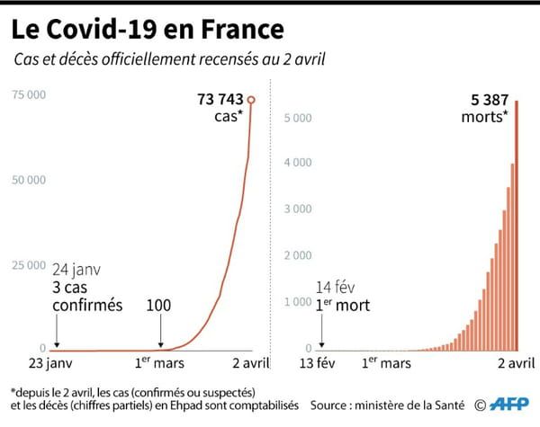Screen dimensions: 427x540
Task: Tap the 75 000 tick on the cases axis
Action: point(29,93)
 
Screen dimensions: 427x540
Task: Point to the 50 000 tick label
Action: point(29,180)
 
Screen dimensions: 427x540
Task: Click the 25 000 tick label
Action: point(29,265)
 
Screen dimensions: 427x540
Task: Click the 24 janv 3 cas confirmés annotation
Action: point(87,288)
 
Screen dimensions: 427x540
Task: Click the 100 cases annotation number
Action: point(158,306)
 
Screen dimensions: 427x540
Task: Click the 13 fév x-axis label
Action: point(321,364)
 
